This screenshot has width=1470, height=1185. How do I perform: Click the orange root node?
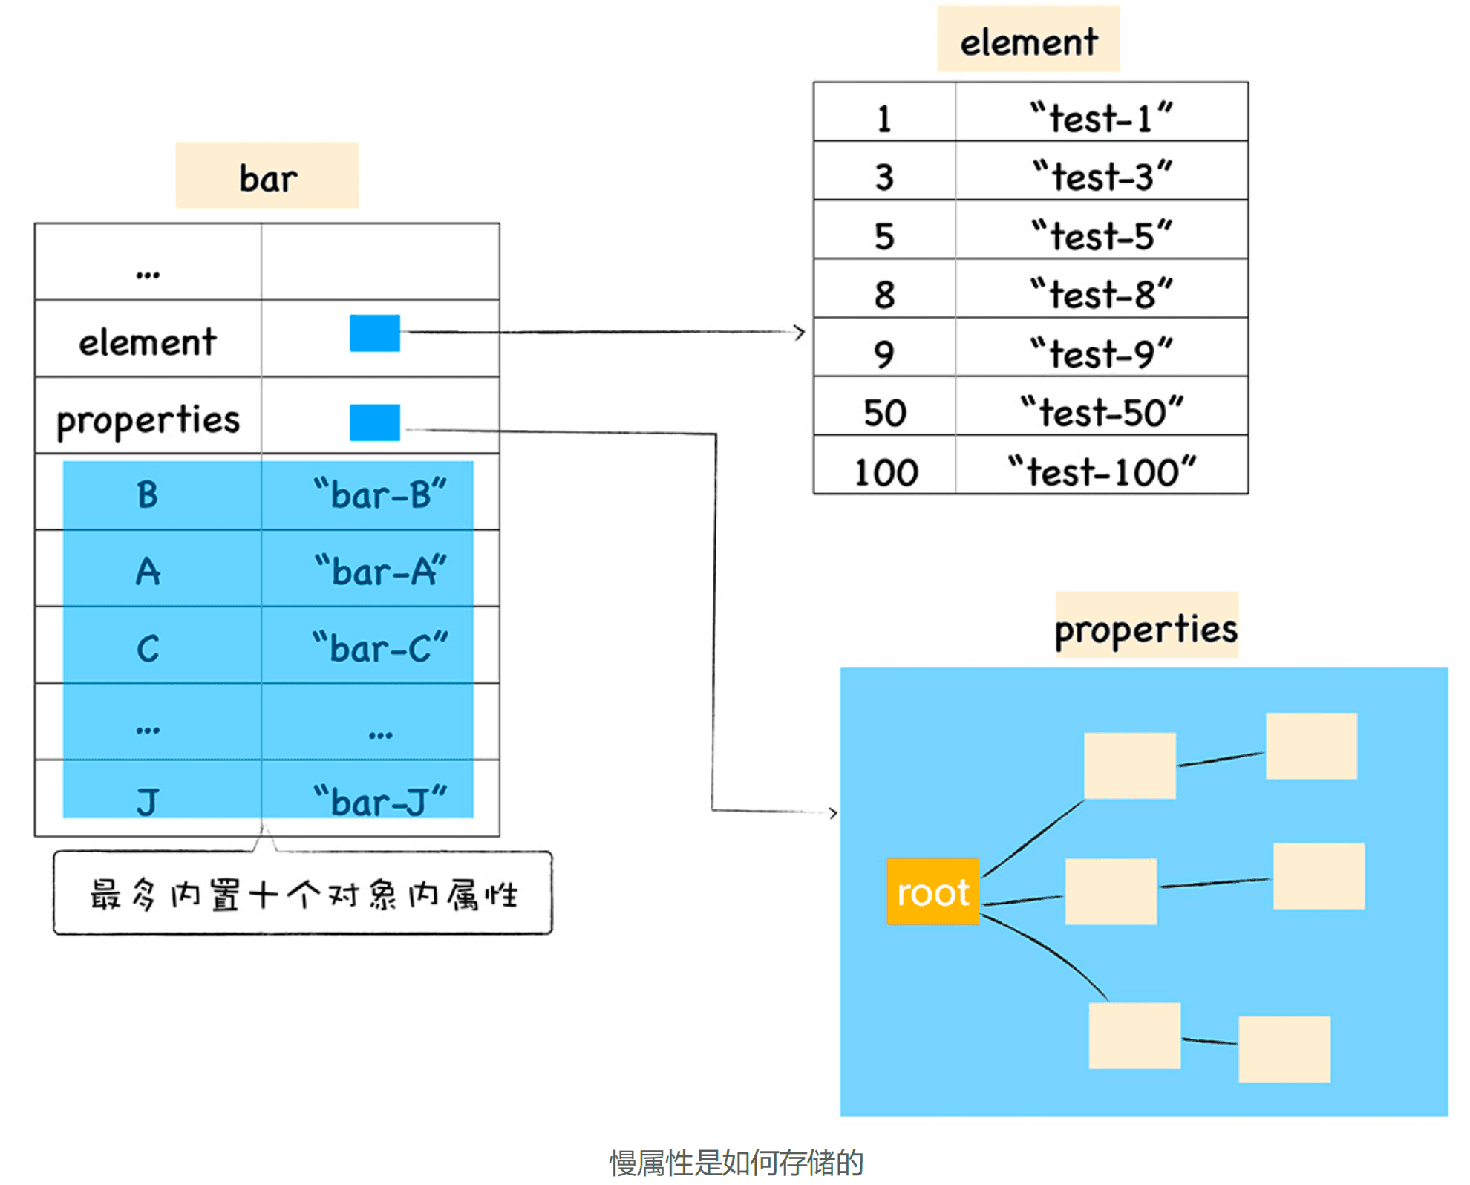pos(932,892)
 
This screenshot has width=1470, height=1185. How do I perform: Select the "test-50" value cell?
pos(1102,412)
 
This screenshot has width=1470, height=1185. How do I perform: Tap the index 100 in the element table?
pos(885,472)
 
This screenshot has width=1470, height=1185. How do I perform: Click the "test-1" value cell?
pos(1102,118)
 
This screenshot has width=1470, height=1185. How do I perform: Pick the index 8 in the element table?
pos(884,295)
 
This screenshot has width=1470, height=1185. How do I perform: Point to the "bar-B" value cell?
pos(380,494)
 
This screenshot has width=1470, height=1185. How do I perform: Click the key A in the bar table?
pos(148,572)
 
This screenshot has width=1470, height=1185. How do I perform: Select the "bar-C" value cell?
pos(380,648)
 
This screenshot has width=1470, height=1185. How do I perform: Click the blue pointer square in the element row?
pos(375,333)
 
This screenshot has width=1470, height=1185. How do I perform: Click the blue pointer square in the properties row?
pos(375,422)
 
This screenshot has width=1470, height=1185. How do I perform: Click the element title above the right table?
pos(1028,40)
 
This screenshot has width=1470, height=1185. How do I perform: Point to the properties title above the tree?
pos(1146,627)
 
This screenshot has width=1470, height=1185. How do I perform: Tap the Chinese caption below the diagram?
pos(736,1162)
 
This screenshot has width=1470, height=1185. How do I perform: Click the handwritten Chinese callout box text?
pos(303,894)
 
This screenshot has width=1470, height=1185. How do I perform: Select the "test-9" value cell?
pos(1102,353)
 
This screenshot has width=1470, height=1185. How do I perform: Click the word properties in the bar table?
pos(148,420)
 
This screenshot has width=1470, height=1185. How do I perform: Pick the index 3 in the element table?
pos(884,177)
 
